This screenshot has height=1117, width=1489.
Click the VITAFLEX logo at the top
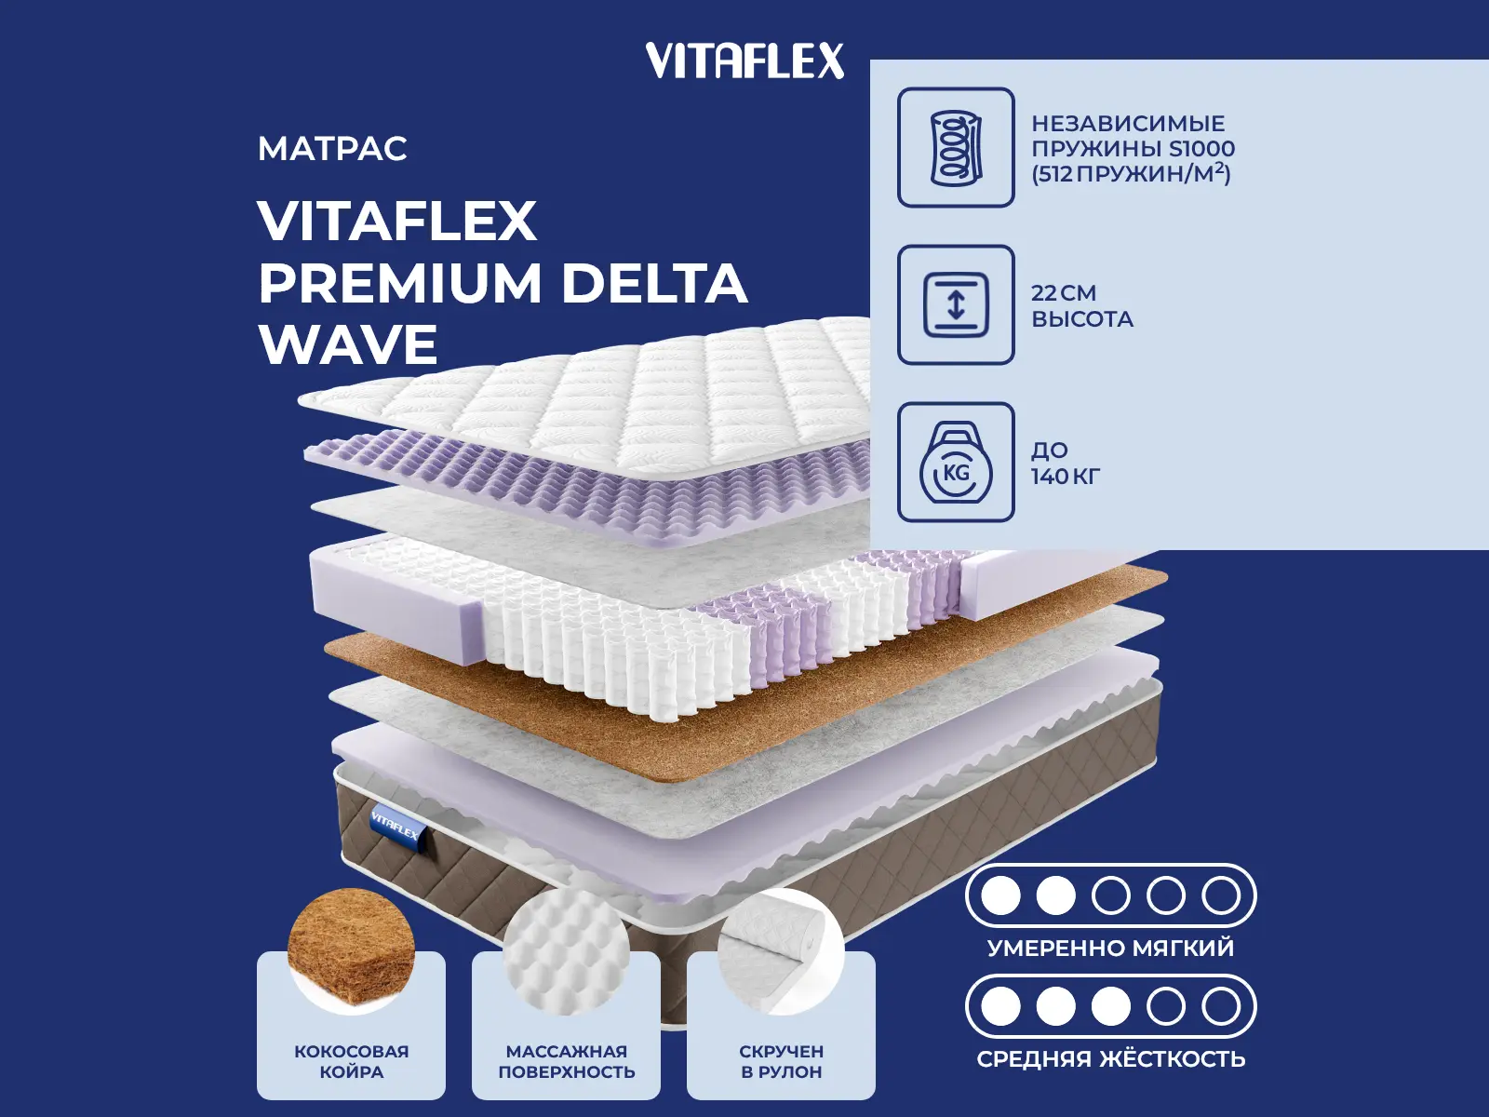(744, 61)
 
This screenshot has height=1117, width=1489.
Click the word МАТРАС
(332, 149)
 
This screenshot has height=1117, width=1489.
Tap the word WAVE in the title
(348, 345)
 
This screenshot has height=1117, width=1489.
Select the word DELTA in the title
(654, 283)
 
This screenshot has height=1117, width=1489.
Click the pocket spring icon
(956, 148)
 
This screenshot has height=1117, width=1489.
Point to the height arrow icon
(956, 305)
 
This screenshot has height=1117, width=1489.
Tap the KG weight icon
(956, 464)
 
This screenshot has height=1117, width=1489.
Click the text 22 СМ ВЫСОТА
(1081, 306)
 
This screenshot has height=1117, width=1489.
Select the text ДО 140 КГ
(1065, 464)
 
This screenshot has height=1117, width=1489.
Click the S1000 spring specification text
(1132, 149)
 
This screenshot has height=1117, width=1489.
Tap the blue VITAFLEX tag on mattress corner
(396, 823)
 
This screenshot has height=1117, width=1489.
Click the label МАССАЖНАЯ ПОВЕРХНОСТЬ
(566, 1061)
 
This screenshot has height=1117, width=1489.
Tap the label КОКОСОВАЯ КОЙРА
(351, 1061)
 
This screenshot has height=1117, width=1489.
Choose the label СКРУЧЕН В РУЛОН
(781, 1061)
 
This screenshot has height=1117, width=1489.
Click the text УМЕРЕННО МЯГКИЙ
(1110, 949)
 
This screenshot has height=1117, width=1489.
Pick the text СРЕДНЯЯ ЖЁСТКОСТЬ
(1110, 1059)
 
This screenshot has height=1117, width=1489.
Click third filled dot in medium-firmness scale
(1110, 1006)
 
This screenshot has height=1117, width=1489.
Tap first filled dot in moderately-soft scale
(1001, 895)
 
